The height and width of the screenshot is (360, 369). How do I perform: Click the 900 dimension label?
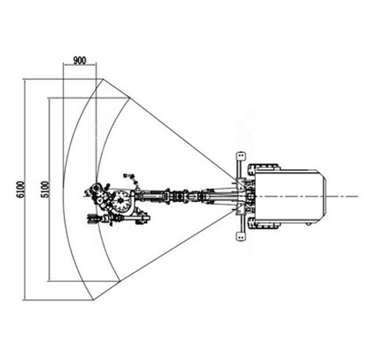pos(80,61)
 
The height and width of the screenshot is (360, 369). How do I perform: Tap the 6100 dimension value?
pos(21,190)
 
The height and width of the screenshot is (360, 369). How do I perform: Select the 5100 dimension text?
pos(46,190)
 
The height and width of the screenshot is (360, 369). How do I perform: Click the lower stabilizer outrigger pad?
pos(241,236)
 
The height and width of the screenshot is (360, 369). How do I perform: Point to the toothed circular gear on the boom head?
pos(120,200)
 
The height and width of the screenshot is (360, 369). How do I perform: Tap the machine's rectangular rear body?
pos(290,196)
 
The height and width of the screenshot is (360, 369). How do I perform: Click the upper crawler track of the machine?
pos(263,168)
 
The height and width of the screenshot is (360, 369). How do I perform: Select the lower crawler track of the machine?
pos(263,224)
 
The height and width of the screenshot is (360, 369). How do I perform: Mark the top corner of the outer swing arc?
pos(103,78)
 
